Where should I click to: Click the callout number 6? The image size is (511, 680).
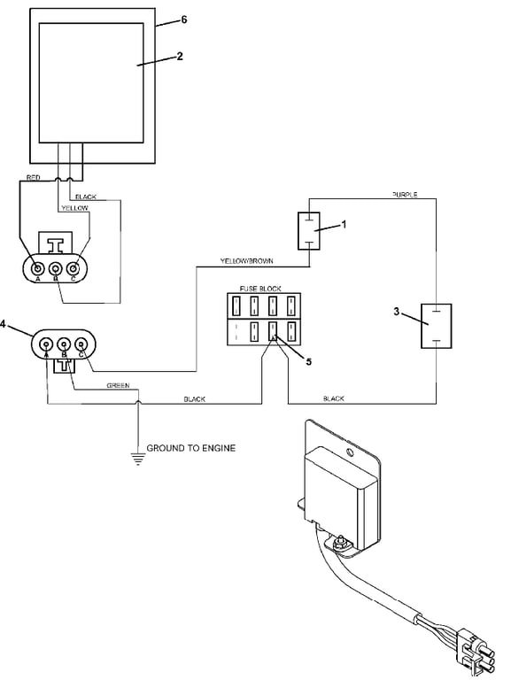tap(184, 19)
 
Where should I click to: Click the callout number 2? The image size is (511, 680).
tap(180, 56)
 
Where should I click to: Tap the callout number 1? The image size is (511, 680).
tap(344, 224)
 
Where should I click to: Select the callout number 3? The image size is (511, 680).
tap(396, 312)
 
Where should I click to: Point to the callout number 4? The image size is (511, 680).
tap(3, 324)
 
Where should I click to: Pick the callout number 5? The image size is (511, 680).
tap(308, 361)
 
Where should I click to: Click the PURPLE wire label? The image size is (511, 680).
tap(405, 195)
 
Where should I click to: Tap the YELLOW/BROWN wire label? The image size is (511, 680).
tap(247, 261)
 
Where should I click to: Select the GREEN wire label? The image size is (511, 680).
tap(118, 385)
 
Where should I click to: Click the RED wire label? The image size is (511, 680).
tap(34, 178)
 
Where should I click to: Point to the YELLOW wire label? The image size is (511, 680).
tap(74, 208)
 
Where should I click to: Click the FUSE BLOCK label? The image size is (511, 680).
tap(260, 289)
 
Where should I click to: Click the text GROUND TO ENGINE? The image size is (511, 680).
tap(191, 448)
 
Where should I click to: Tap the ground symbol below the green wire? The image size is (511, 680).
tap(138, 459)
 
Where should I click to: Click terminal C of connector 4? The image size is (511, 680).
tap(81, 344)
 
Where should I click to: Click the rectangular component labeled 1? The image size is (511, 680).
tap(309, 231)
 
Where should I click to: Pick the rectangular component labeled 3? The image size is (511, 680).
tap(437, 326)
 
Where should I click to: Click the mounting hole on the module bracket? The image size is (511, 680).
tap(350, 453)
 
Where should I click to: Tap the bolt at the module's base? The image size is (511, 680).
tap(339, 543)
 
